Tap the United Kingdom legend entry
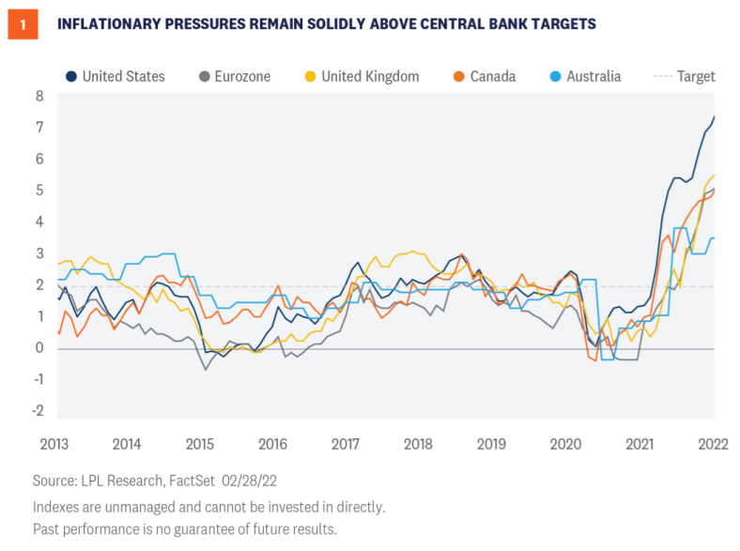coord(365,76)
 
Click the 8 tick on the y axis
coord(39,96)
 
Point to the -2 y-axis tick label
coord(37,411)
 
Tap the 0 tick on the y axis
coord(39,348)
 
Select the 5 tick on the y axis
coord(39,191)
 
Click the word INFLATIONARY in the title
coord(111,24)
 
